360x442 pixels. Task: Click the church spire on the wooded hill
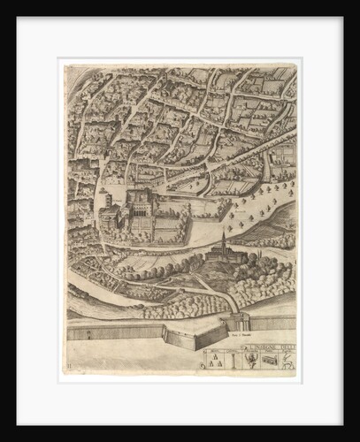(x=224, y=239)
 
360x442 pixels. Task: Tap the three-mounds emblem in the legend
(x=216, y=360)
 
